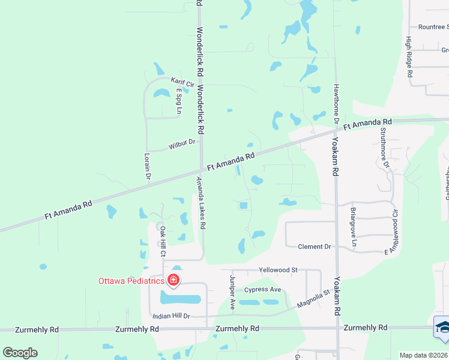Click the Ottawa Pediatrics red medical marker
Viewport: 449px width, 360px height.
coord(173,280)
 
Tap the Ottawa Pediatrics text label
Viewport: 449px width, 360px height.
coord(131,281)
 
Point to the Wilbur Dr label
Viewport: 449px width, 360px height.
coord(182,143)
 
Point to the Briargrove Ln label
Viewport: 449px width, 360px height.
coord(354,227)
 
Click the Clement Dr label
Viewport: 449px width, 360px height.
coord(315,247)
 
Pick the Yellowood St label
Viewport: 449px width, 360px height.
coord(278,270)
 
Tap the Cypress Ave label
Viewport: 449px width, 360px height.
coord(262,290)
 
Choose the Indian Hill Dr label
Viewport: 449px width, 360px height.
coord(171,316)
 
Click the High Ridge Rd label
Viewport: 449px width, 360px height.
coord(409,57)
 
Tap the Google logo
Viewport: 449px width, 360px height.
coord(20,353)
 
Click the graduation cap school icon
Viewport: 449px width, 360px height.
coord(442,327)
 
